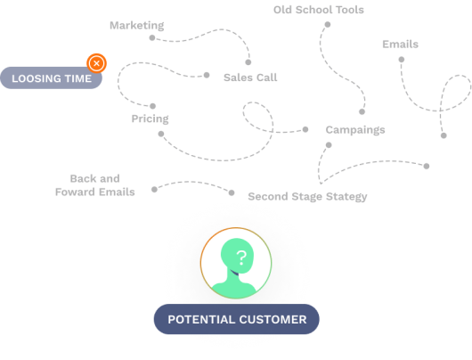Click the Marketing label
pos(136,26)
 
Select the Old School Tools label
pos(319,10)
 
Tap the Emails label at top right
pos(400,45)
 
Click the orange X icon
pos(96,63)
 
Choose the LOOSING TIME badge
pos(51,78)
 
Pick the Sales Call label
pos(249,78)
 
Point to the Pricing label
pos(150,119)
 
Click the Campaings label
pos(354,130)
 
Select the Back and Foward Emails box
pos(94,185)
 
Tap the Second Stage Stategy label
pos(307,196)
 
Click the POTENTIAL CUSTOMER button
pos(236,319)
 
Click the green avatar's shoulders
pos(236,287)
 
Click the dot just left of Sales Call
pos(207,75)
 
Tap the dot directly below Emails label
pos(401,59)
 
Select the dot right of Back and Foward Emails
pos(153,189)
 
